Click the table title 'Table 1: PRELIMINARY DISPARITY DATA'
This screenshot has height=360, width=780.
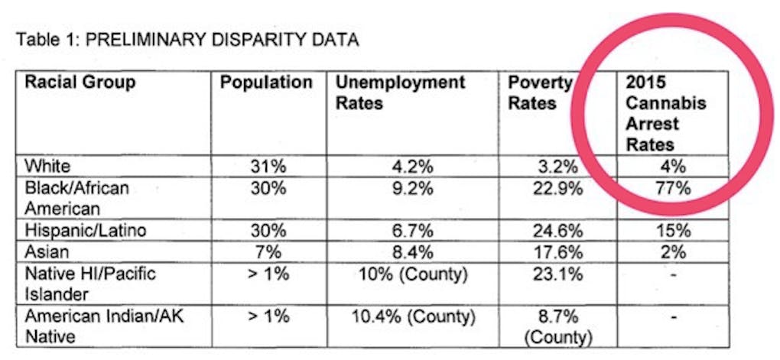click(x=187, y=40)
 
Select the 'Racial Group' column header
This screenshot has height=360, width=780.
click(x=80, y=83)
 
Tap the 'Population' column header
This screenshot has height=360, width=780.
click(x=266, y=83)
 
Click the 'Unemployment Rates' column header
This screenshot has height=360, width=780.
click(x=401, y=92)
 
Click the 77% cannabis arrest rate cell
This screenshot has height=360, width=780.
click(x=672, y=188)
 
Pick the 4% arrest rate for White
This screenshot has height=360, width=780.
click(x=672, y=165)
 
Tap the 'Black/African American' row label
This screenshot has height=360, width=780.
click(x=76, y=198)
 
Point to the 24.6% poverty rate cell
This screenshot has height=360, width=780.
click(x=555, y=230)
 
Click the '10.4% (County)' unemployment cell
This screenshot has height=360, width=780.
click(x=413, y=315)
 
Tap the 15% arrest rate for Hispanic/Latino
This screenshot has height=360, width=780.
click(x=672, y=230)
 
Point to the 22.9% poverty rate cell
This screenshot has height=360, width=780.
click(x=555, y=188)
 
